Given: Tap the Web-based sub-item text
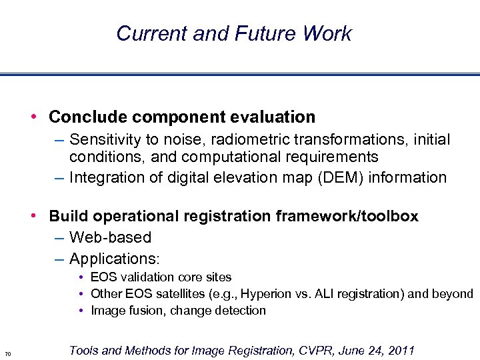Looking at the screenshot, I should click(x=110, y=237).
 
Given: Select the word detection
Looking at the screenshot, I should click(x=241, y=311).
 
